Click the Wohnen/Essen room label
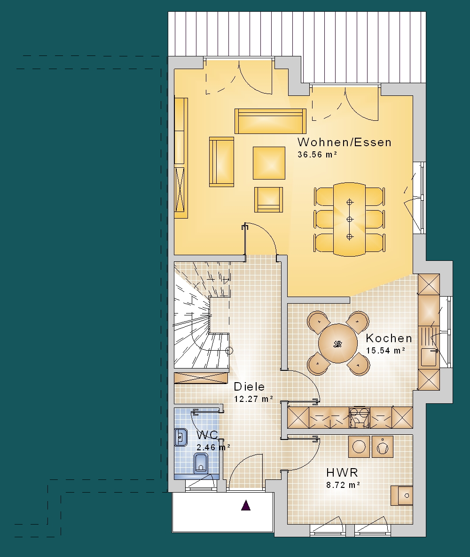coord(344,142)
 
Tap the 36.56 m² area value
coord(317,155)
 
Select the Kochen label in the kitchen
coord(389,338)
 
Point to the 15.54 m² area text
coord(385,350)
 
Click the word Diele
coord(249,386)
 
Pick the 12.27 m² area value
coord(253,399)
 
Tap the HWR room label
coord(342,472)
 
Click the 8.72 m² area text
coord(343,485)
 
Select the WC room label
coord(207,435)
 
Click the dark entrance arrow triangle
coord(246,505)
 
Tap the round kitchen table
coord(338,343)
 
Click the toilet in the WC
coord(201,463)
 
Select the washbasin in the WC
coord(181,437)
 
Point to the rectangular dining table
coord(350,219)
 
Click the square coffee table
coord(269,163)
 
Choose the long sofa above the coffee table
coord(270,121)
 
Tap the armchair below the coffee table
coord(268,200)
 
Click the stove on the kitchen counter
coord(360,417)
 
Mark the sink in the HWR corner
coord(402,495)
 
